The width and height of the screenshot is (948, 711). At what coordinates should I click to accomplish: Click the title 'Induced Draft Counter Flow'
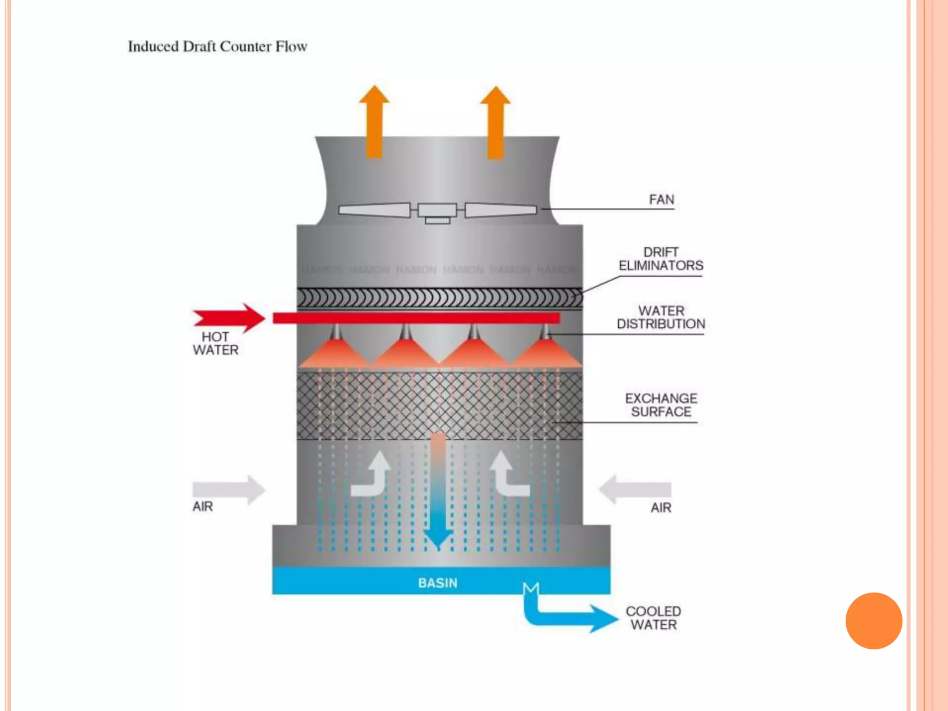point(218,47)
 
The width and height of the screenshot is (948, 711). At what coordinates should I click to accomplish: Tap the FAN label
point(661,200)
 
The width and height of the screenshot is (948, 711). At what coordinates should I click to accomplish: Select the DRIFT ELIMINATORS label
point(661,259)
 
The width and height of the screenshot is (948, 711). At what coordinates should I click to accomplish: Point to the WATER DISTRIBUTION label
point(661,317)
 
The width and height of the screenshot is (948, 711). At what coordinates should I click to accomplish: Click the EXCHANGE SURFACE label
point(661,405)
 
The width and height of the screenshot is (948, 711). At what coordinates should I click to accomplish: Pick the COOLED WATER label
point(653,618)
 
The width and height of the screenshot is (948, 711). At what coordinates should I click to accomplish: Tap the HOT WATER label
point(216,343)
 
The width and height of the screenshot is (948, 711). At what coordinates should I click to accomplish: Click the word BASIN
point(437,583)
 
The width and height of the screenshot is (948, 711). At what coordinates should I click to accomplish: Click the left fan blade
point(375,210)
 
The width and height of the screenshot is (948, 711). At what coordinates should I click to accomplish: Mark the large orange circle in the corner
point(873,621)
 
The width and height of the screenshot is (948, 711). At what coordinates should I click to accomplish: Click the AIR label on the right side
point(661,508)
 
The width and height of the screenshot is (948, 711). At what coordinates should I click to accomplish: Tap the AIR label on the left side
point(203,506)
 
